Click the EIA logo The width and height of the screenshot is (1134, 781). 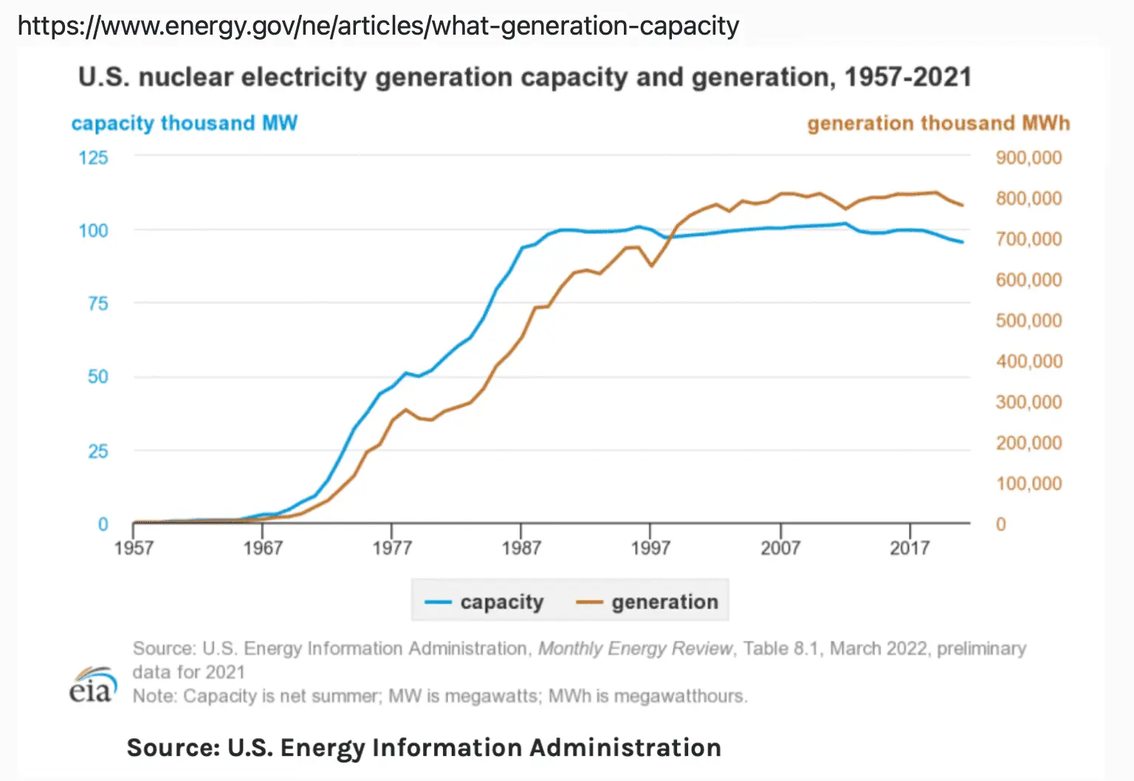click(x=93, y=684)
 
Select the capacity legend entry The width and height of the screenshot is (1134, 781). click(x=484, y=602)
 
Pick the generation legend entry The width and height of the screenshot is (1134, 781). click(x=647, y=602)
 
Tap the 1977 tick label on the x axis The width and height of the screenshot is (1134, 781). click(x=391, y=548)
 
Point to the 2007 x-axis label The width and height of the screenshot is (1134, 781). click(x=780, y=548)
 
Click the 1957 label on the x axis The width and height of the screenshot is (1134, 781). click(x=134, y=548)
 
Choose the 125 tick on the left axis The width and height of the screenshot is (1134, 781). click(x=94, y=157)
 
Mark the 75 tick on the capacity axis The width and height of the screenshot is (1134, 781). click(x=97, y=303)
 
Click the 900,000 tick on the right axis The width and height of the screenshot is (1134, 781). click(x=1028, y=158)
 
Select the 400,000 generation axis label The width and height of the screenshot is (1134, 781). click(x=1028, y=362)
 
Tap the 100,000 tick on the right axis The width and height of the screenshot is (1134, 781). click(x=1028, y=484)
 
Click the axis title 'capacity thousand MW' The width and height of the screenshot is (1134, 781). click(x=184, y=123)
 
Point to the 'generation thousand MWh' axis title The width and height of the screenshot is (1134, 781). click(x=938, y=123)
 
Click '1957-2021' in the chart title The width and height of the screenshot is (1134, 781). click(x=907, y=78)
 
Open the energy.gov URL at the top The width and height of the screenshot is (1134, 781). click(x=378, y=26)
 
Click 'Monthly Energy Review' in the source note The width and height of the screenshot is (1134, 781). click(x=635, y=648)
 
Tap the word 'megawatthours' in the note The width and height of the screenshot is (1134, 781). click(x=680, y=696)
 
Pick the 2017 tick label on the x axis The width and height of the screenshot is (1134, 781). click(x=910, y=548)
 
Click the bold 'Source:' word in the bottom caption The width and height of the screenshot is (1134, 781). click(x=173, y=748)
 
